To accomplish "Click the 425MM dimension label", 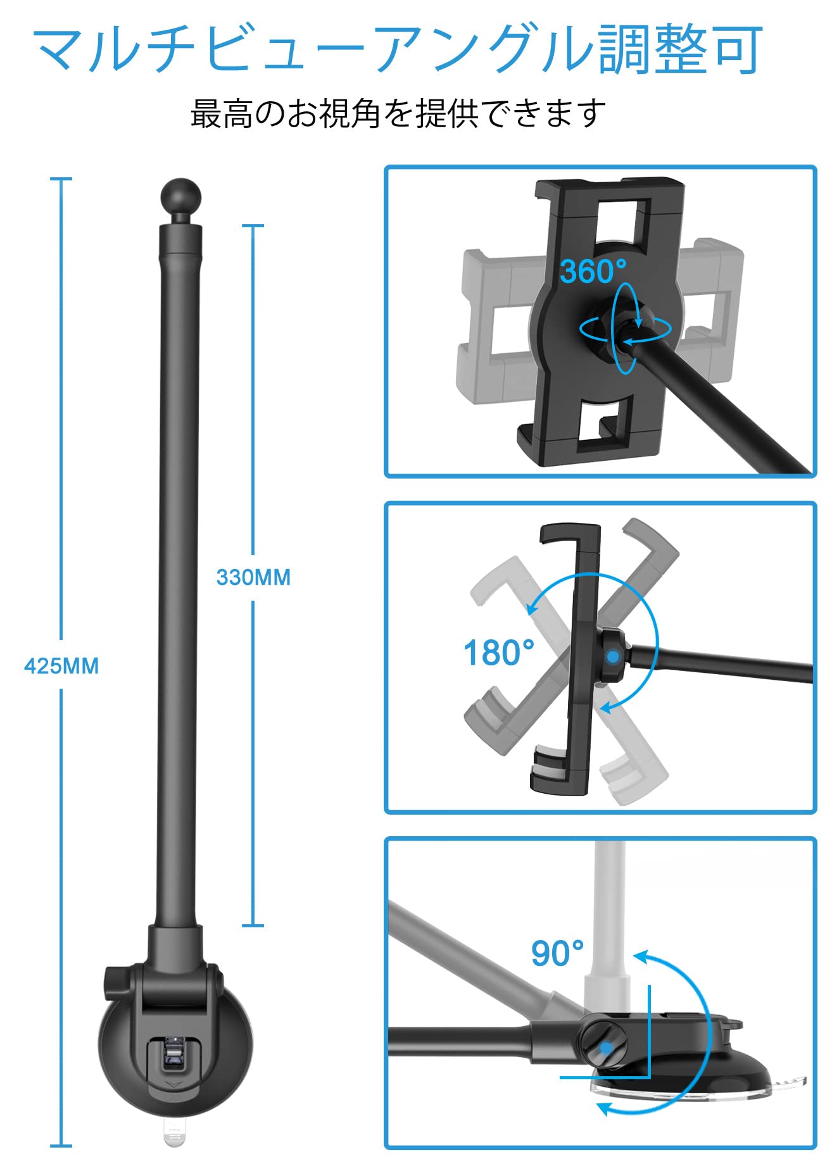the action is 61,667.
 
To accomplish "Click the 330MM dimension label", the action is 253,577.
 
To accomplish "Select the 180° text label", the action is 499,652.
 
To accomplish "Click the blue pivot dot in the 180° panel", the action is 612,657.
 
